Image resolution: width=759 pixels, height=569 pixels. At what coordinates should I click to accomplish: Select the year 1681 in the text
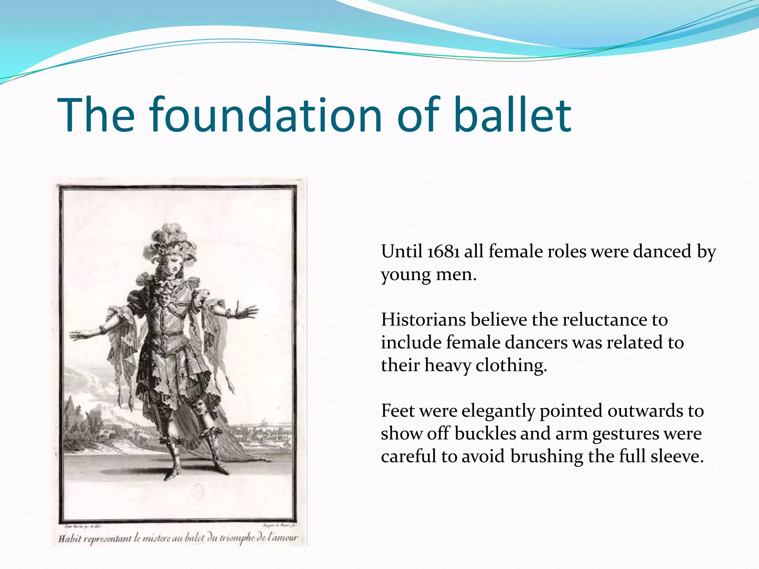coord(444,252)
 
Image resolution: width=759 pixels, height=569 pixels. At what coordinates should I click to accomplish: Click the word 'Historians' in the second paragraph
coord(423,320)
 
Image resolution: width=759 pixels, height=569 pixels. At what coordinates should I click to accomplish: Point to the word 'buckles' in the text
coord(485,434)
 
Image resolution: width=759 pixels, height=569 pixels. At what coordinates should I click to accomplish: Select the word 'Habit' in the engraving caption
coord(69,538)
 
